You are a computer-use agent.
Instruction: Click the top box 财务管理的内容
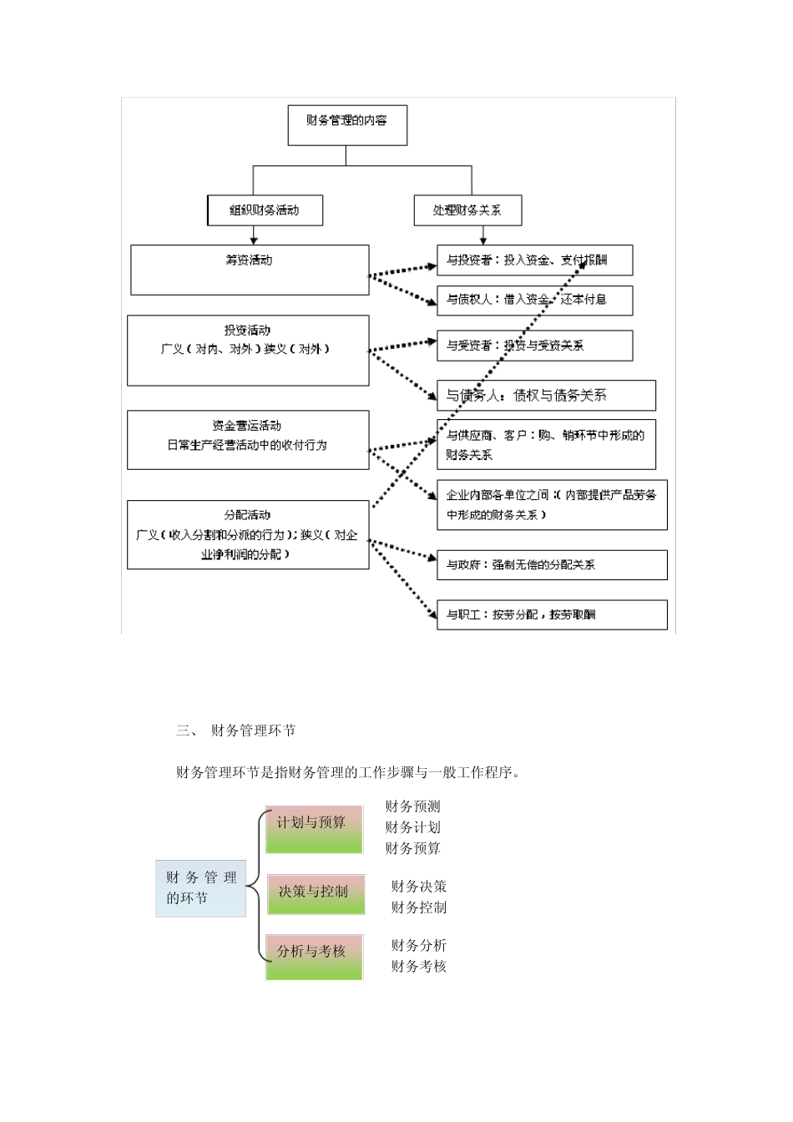tap(347, 124)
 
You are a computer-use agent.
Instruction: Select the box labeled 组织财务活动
tap(264, 210)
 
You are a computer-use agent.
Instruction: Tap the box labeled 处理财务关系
tap(467, 210)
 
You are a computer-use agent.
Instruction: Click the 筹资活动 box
tap(250, 269)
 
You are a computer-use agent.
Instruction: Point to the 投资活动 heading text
tap(247, 331)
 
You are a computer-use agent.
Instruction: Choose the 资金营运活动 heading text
tap(247, 426)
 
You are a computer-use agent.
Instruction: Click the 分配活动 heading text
tap(247, 515)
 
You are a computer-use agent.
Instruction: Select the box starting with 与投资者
tap(534, 260)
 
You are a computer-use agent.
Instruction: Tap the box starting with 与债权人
tap(534, 300)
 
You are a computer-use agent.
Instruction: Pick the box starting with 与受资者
tap(534, 345)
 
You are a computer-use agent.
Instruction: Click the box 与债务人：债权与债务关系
tap(546, 396)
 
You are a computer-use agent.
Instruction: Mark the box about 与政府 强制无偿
tap(552, 565)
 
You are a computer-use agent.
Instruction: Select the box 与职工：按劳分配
tap(552, 615)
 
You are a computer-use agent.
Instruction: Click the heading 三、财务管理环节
tap(236, 731)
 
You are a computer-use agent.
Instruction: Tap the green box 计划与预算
tap(314, 830)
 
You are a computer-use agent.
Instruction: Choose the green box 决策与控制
tap(316, 894)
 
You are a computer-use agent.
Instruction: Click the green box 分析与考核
tap(314, 958)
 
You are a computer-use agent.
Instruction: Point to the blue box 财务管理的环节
tap(201, 888)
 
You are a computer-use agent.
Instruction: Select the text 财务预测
tap(412, 806)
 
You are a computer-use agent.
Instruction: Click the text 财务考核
tap(418, 967)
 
